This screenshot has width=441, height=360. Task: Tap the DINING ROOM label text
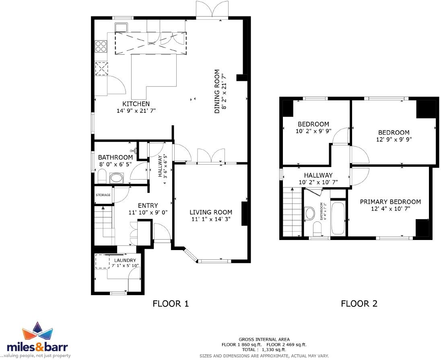pyautogui.click(x=217, y=91)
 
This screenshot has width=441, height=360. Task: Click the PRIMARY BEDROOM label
pyautogui.click(x=390, y=202)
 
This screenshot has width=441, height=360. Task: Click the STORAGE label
pyautogui.click(x=103, y=195)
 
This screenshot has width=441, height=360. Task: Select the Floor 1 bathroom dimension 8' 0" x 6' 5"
pyautogui.click(x=115, y=164)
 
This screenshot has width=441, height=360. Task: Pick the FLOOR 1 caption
pyautogui.click(x=171, y=304)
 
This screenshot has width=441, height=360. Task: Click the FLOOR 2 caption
pyautogui.click(x=359, y=304)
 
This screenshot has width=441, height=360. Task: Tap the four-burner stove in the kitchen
pyautogui.click(x=101, y=47)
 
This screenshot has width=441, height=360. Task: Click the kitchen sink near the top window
pyautogui.click(x=121, y=27)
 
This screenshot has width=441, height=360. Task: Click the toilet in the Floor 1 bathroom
pyautogui.click(x=102, y=176)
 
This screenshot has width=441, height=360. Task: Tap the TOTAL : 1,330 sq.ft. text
pyautogui.click(x=264, y=350)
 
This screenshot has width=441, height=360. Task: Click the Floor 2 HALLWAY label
pyautogui.click(x=318, y=175)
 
